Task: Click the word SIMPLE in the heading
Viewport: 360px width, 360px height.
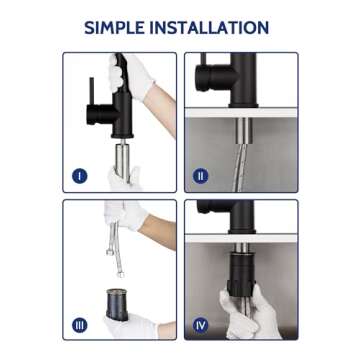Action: (114, 28)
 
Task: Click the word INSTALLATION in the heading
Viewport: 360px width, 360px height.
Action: (209, 28)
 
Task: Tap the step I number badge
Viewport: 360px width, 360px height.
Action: (80, 176)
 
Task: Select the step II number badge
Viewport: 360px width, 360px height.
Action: (200, 176)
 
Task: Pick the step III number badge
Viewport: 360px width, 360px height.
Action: (80, 325)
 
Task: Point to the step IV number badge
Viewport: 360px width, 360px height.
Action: (200, 325)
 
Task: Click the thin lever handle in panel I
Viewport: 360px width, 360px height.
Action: (91, 91)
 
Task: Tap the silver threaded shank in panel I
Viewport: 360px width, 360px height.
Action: (123, 161)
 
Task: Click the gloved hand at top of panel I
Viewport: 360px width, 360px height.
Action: (131, 75)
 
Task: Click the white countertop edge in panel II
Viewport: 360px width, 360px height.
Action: (241, 113)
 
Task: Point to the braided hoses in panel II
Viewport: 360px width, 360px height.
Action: (242, 168)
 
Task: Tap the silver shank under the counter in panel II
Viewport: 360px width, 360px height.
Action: (244, 131)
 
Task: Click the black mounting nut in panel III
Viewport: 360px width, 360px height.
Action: (117, 304)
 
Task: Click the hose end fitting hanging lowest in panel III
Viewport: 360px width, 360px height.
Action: (120, 274)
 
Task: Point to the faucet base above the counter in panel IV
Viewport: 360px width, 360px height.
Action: (242, 217)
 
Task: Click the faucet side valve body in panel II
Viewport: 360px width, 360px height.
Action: (216, 78)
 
